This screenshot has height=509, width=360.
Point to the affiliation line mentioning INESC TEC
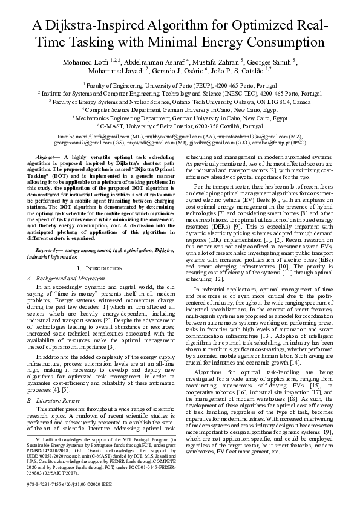point(180,94)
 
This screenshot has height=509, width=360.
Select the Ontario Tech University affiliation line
point(180,102)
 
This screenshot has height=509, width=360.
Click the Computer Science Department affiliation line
point(180,111)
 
